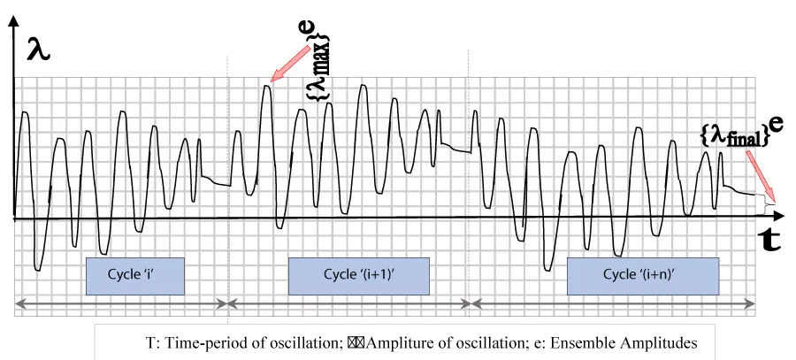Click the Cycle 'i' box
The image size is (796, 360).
(134, 275)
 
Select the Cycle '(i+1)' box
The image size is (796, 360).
(358, 275)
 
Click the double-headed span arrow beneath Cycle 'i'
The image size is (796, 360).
(121, 303)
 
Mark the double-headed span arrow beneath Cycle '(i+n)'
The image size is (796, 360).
(612, 303)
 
